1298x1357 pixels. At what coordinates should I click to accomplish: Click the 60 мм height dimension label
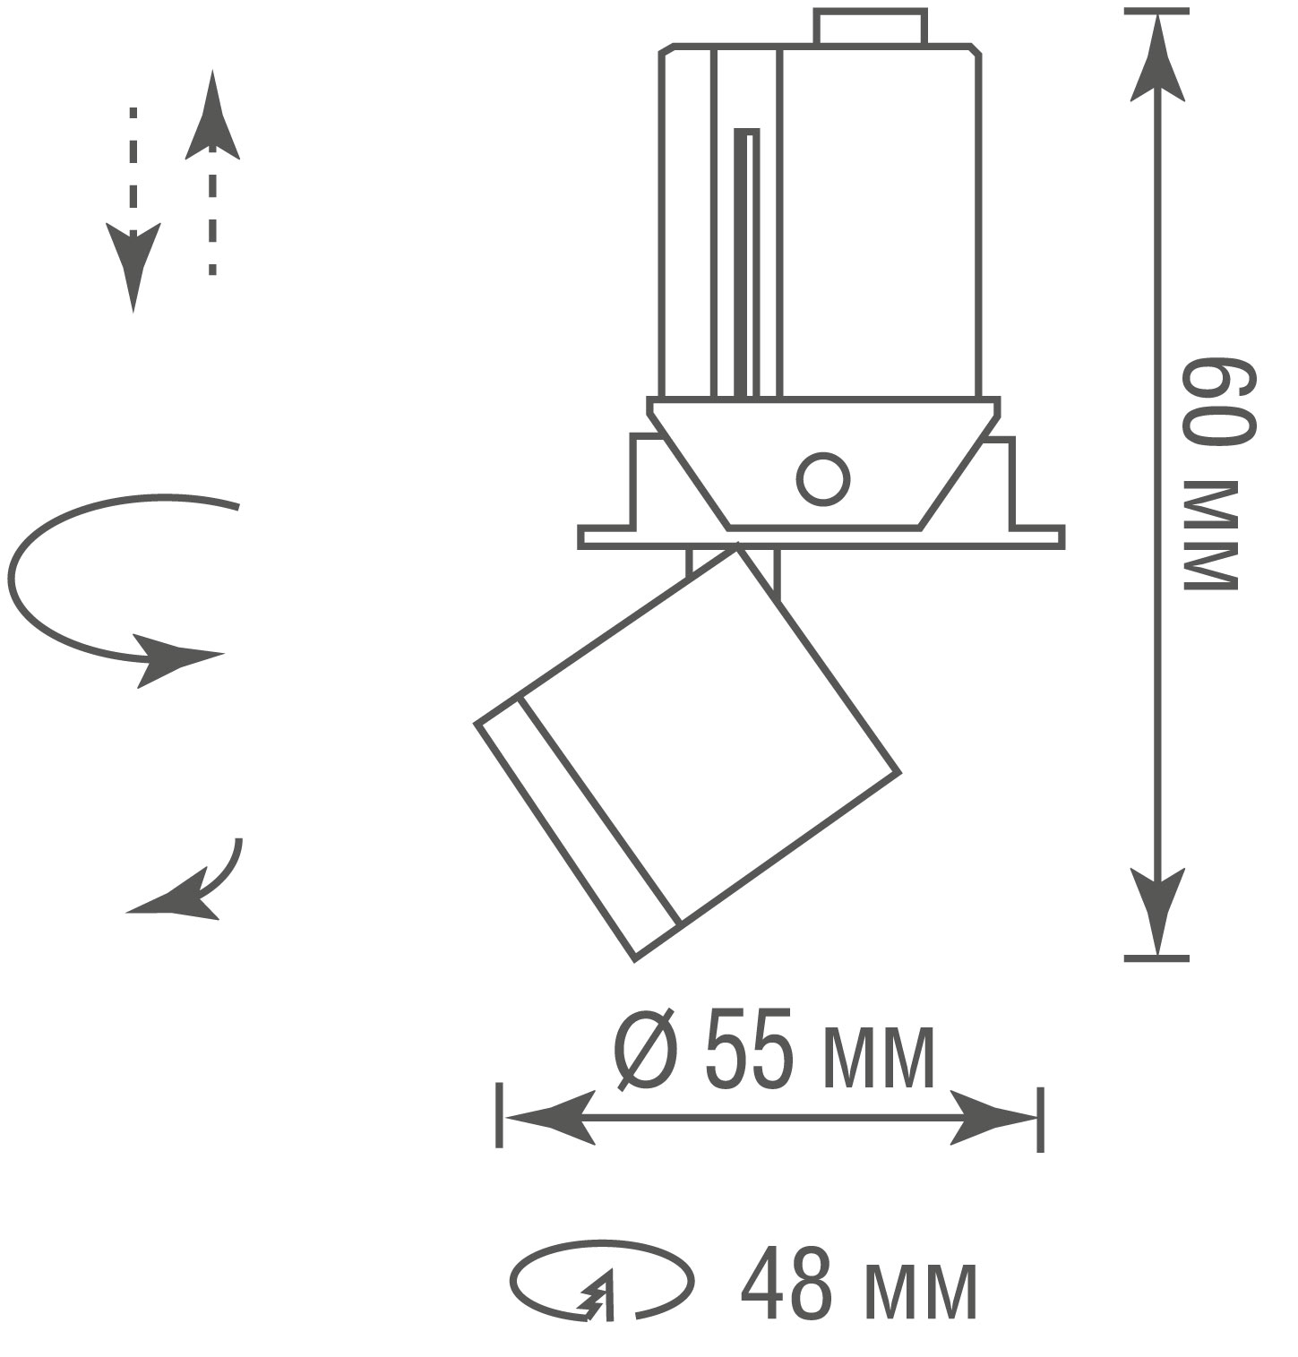[1218, 475]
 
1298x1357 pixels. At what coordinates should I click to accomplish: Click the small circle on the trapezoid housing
[822, 478]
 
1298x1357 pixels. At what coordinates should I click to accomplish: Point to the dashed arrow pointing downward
[133, 210]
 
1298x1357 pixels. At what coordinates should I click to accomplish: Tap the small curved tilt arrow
[193, 882]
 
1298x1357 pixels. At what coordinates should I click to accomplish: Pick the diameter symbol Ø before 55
[645, 1050]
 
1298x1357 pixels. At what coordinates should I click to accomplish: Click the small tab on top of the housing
[869, 26]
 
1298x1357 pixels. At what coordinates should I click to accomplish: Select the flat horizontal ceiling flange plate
[821, 537]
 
